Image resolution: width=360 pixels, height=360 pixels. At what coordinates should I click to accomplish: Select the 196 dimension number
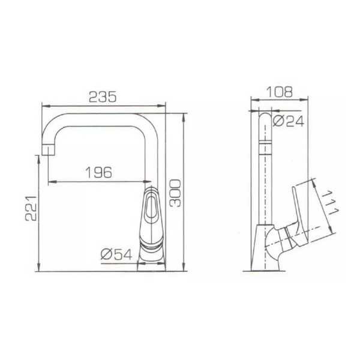click(99, 172)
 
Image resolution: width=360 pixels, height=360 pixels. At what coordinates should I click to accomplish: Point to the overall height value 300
click(174, 192)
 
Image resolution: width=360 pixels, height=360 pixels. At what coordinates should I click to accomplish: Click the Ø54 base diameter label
click(116, 254)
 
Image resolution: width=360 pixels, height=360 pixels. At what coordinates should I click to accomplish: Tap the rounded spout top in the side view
click(264, 118)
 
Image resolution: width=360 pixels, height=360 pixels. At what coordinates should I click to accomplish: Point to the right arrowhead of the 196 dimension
click(148, 182)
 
